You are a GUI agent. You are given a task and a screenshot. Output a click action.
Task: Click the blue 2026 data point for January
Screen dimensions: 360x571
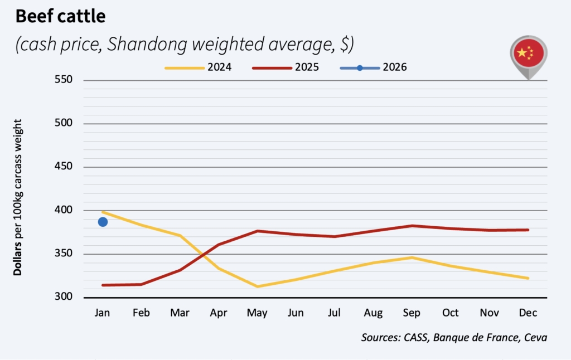(103, 222)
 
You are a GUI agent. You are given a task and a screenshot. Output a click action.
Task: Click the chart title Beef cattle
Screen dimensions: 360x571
(60, 17)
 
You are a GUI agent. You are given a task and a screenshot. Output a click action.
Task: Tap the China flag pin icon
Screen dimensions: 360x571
(529, 56)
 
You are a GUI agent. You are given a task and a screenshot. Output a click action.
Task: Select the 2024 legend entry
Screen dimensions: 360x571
(197, 67)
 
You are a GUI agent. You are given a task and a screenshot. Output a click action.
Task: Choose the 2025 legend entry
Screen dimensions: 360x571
(285, 67)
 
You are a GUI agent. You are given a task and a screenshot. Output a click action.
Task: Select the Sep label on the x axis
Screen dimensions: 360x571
(412, 313)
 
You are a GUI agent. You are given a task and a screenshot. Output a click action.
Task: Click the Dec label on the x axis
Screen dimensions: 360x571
(528, 313)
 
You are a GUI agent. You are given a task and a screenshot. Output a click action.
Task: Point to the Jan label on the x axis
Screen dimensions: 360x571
(103, 313)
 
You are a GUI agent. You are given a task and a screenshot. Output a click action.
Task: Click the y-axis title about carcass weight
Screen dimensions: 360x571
(18, 197)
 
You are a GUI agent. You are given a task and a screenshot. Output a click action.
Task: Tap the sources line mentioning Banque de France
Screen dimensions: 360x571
(454, 337)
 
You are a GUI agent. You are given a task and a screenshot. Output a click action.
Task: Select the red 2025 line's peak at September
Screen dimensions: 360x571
(412, 226)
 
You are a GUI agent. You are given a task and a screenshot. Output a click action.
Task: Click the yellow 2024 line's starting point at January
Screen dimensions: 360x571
(103, 212)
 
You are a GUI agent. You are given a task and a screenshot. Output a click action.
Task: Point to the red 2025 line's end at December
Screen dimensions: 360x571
(528, 230)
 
